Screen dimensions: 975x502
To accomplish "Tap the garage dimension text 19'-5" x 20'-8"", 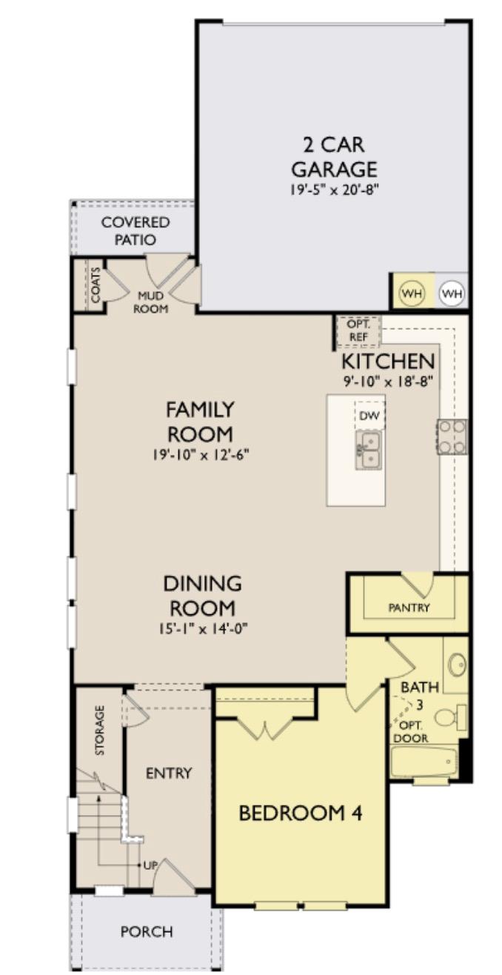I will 334,190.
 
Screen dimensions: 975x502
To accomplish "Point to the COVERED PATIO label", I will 135,231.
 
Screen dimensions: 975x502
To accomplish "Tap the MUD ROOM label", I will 150,302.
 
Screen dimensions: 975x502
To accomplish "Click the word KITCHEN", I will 387,362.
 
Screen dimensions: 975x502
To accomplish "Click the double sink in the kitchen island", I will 368,448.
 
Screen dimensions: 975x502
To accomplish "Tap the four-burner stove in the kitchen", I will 452,436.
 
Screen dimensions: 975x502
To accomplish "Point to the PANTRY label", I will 409,608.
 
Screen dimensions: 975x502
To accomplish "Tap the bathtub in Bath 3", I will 424,761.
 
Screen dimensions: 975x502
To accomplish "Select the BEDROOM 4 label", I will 300,813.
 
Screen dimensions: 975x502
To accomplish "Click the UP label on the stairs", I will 150,865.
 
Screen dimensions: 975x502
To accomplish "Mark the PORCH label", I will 147,931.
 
